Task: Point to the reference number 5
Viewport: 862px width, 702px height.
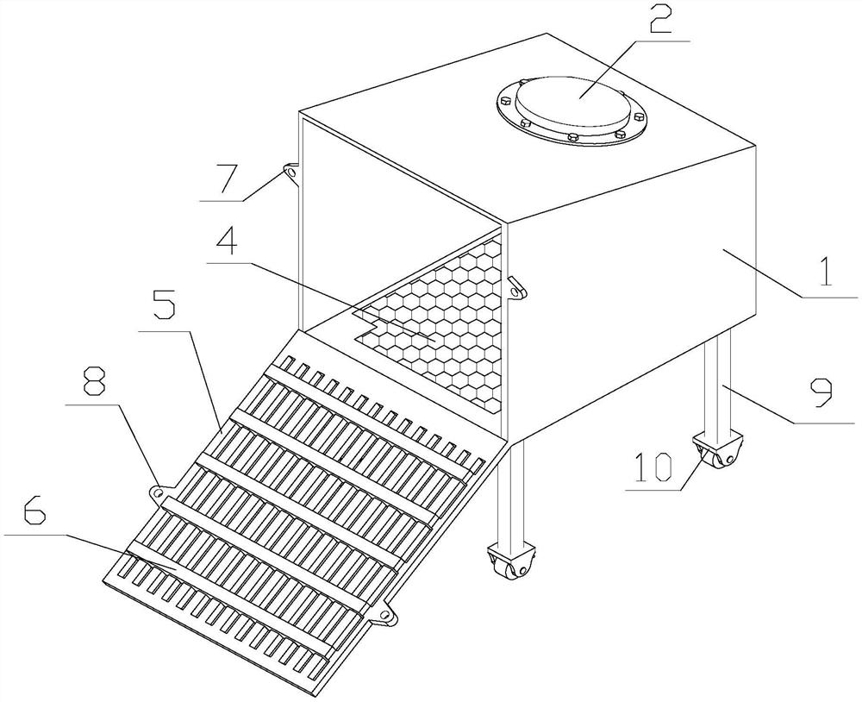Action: [163, 305]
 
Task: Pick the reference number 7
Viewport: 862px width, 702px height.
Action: [223, 176]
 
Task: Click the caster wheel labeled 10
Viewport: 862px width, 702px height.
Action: [718, 449]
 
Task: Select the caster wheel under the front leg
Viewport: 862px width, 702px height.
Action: [511, 562]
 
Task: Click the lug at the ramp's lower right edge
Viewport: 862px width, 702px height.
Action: [384, 616]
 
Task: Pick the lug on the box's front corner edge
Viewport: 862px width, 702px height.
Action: [515, 287]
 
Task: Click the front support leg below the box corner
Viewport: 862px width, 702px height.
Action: [510, 492]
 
